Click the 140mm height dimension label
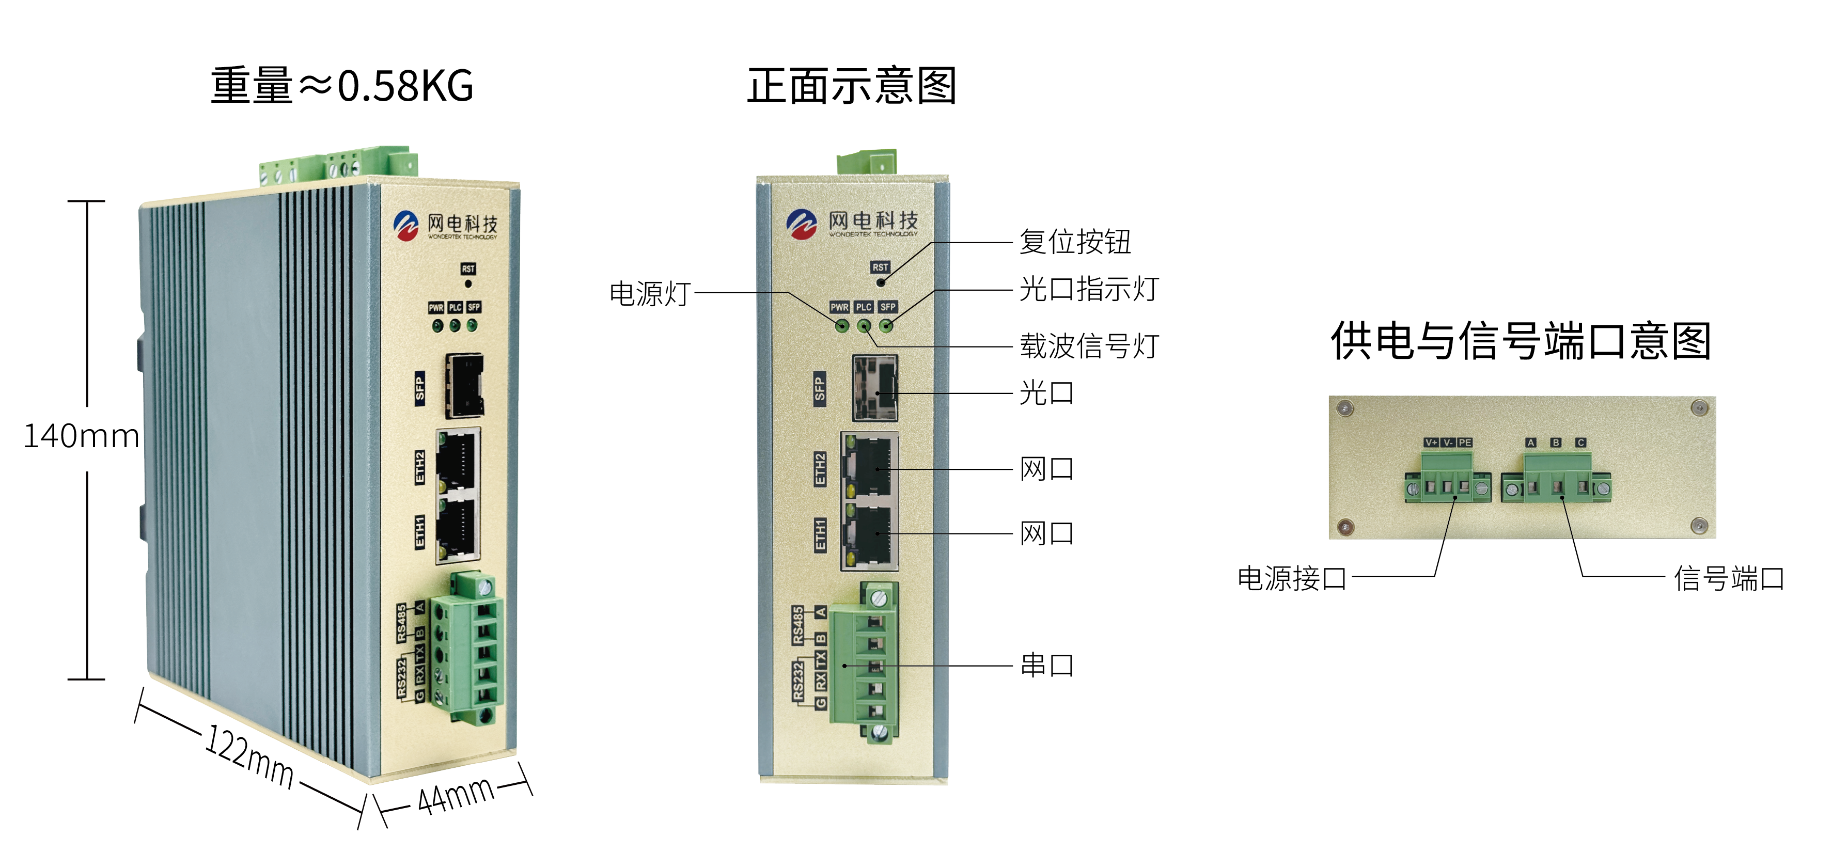81,436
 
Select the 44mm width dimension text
455,795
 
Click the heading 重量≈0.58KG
341,86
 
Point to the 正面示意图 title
851,86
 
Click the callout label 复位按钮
1075,242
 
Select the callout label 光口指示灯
1089,289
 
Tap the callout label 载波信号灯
1089,346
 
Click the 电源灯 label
650,293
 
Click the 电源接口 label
1292,578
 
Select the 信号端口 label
1729,578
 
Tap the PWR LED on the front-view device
842,326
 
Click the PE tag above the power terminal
1464,442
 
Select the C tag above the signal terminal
1580,442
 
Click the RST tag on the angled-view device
468,269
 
